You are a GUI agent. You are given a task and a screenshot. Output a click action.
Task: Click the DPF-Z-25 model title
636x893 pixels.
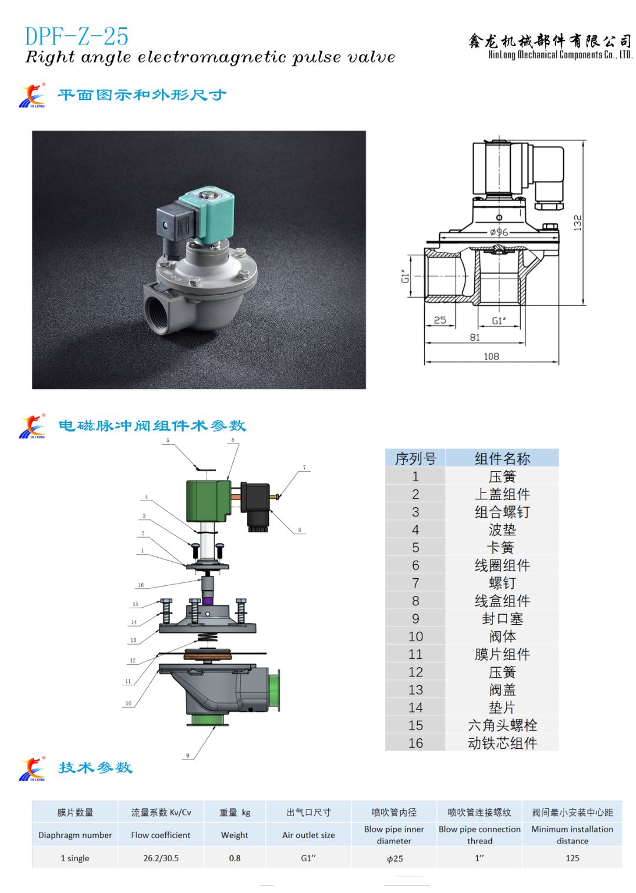click(76, 36)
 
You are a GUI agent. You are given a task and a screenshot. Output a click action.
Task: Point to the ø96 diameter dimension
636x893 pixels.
click(499, 232)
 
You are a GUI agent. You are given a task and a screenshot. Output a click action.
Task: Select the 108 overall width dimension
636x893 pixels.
click(491, 356)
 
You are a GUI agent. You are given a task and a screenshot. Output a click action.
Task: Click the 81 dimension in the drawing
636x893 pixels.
click(475, 337)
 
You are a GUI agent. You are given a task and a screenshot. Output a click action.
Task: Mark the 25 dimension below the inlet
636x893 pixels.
click(440, 320)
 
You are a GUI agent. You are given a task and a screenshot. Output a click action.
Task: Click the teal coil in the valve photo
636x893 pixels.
click(207, 217)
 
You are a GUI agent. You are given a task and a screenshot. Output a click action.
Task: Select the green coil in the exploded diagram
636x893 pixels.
click(208, 501)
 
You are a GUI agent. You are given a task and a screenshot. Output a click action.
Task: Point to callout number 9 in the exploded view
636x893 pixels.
click(188, 755)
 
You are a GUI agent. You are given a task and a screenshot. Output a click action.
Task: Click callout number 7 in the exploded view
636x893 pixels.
click(304, 467)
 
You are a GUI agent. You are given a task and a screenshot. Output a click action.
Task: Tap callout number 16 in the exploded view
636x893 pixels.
click(141, 585)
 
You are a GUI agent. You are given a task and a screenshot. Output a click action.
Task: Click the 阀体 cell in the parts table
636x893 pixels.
click(502, 637)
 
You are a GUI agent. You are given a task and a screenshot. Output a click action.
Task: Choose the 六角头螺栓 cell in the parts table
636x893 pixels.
click(502, 725)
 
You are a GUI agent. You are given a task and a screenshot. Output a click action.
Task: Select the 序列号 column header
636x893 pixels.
click(415, 458)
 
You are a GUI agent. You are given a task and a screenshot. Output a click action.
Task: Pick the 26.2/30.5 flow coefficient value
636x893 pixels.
click(161, 858)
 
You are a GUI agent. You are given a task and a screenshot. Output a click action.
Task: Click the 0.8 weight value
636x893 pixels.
click(235, 858)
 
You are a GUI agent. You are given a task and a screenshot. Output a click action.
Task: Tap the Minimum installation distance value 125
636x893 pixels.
click(572, 858)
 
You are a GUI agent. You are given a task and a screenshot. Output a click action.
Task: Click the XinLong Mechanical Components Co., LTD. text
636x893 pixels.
click(560, 55)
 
